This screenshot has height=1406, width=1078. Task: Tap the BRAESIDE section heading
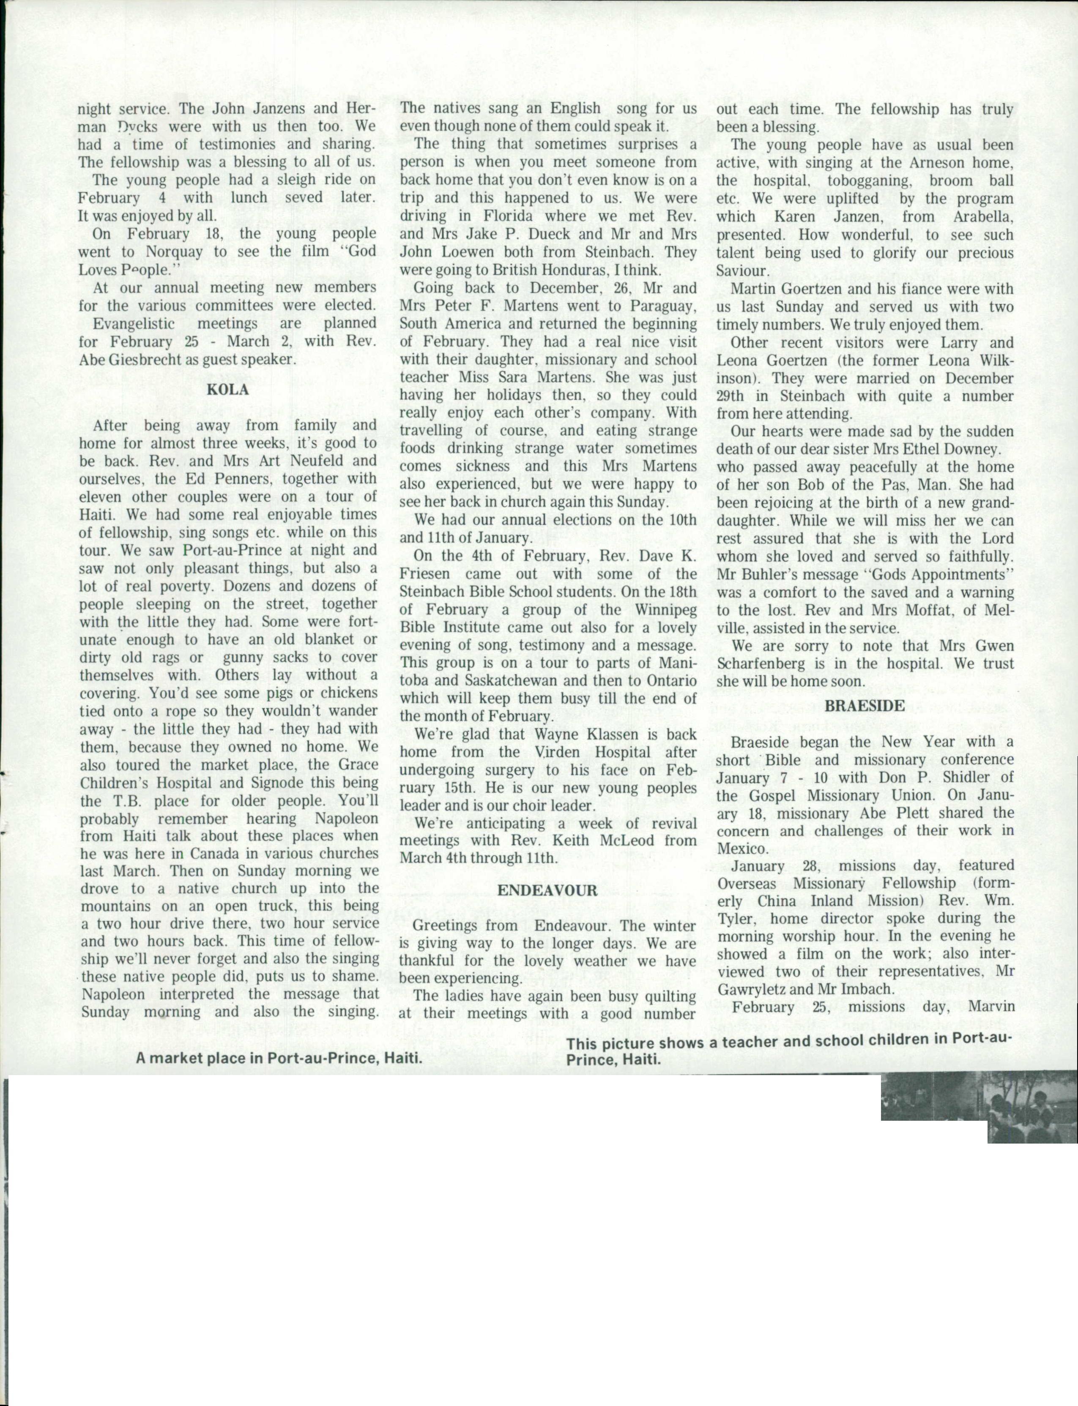coord(865,706)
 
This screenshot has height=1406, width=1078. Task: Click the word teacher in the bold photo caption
coord(755,1043)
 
